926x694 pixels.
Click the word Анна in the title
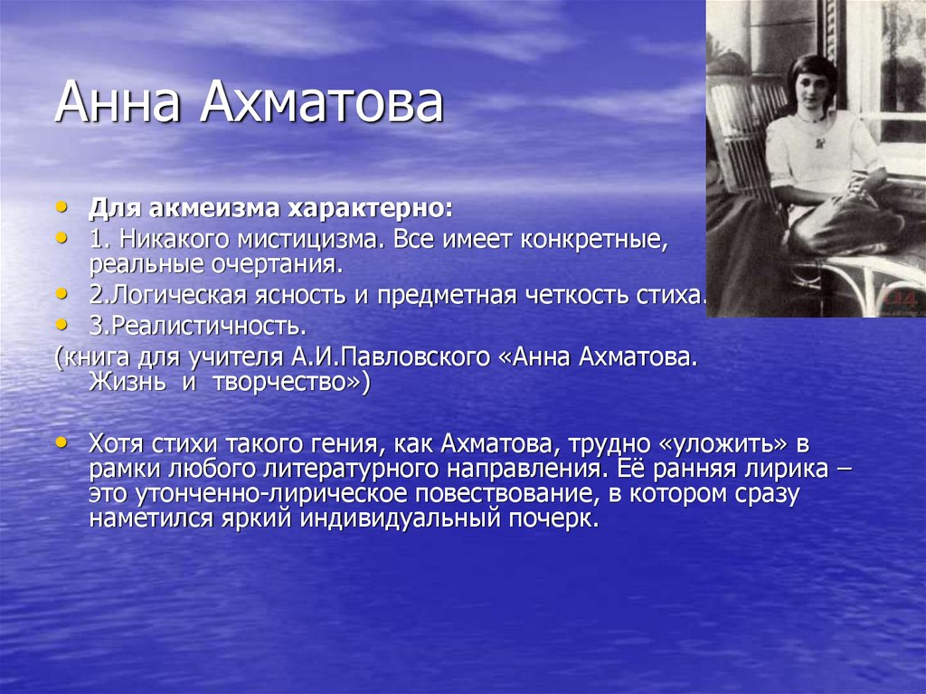(118, 101)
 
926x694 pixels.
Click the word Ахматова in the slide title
(321, 101)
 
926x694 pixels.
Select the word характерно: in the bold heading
(370, 209)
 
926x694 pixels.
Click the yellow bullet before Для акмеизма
(61, 207)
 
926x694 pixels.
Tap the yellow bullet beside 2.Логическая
(61, 292)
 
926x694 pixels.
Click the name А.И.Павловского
(391, 357)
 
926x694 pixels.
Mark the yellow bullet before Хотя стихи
(61, 442)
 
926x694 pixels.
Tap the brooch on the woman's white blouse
(819, 143)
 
